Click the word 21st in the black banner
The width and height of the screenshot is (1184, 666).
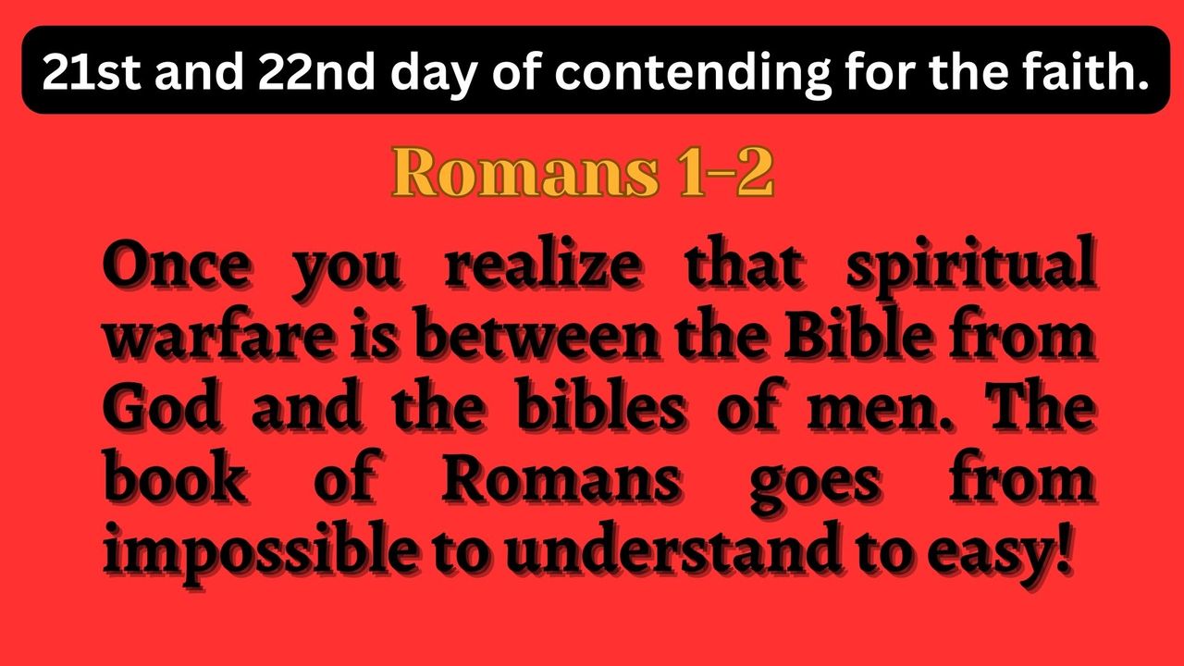click(x=92, y=72)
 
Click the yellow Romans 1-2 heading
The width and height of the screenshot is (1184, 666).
click(x=583, y=172)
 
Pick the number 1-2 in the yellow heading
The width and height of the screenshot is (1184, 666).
click(x=726, y=172)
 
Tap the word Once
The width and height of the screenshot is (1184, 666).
click(x=176, y=265)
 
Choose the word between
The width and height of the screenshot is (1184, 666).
click(x=536, y=335)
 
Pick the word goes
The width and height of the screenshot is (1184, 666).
click(x=816, y=487)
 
